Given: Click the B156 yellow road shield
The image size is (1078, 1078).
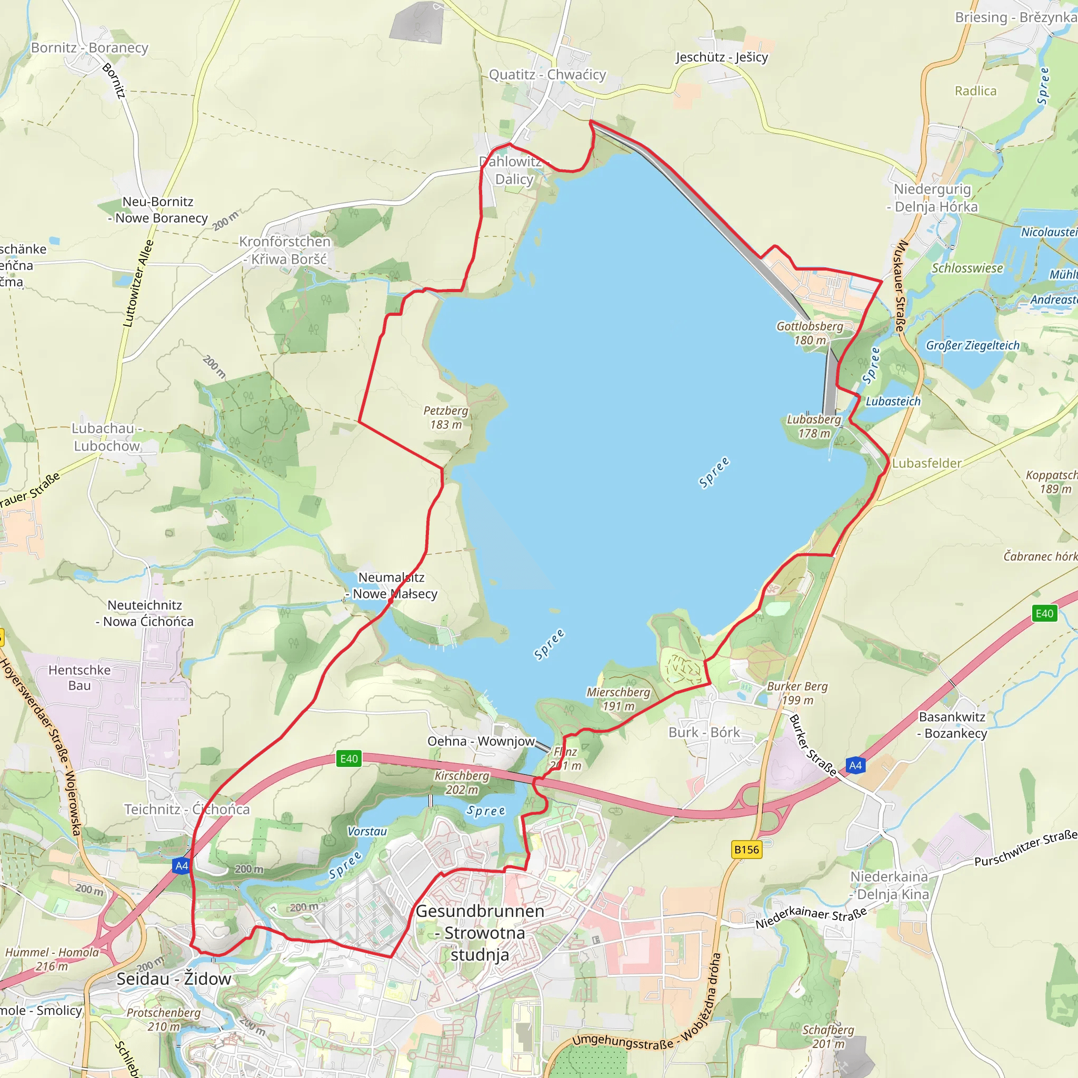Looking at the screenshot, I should pyautogui.click(x=746, y=850).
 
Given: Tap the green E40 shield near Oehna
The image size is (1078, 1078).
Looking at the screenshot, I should pyautogui.click(x=349, y=759).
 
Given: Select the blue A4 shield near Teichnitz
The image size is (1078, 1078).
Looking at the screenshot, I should pyautogui.click(x=182, y=866).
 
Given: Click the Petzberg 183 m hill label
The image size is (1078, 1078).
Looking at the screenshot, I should pyautogui.click(x=446, y=417).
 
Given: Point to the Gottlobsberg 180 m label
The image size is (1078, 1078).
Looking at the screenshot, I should pyautogui.click(x=810, y=333).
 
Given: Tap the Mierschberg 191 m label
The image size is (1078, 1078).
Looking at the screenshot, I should pyautogui.click(x=618, y=698).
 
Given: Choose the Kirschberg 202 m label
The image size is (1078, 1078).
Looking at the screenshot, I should pyautogui.click(x=462, y=782).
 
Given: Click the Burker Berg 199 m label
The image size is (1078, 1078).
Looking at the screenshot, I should pyautogui.click(x=797, y=693).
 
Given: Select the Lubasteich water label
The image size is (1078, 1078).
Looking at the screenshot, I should pyautogui.click(x=893, y=401).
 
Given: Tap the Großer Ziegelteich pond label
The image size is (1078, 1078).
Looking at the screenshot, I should pyautogui.click(x=973, y=345).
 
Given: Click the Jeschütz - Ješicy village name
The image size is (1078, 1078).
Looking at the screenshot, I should pyautogui.click(x=722, y=57).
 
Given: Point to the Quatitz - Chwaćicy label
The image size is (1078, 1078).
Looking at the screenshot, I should pyautogui.click(x=547, y=75).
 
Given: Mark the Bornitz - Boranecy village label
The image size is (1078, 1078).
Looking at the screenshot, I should pyautogui.click(x=90, y=48).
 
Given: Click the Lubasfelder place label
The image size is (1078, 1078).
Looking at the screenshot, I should pyautogui.click(x=927, y=463).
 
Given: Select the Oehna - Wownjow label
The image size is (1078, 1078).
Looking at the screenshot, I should pyautogui.click(x=481, y=741).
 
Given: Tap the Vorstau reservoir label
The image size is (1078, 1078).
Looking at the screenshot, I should pyautogui.click(x=367, y=831).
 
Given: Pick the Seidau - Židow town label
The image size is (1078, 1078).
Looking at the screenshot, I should pyautogui.click(x=174, y=979).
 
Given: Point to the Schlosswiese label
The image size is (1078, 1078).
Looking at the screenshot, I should pyautogui.click(x=967, y=268).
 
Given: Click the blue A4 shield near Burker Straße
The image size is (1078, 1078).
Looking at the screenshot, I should pyautogui.click(x=855, y=765).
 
